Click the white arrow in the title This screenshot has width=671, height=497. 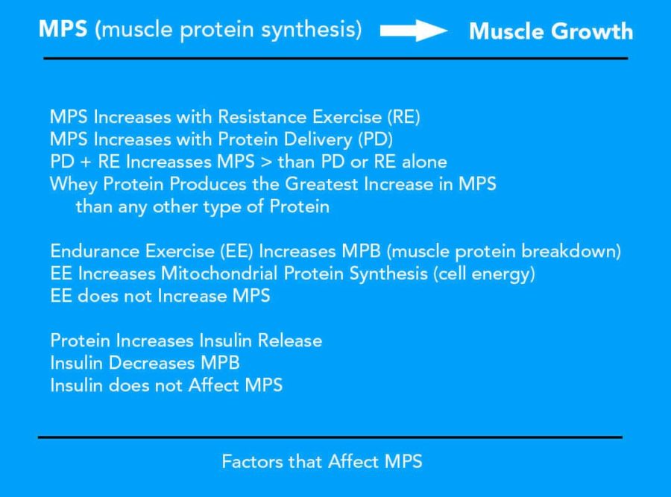pos(413,31)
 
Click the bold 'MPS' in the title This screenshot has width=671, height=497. pos(63,29)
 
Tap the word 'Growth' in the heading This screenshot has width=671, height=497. pos(592,31)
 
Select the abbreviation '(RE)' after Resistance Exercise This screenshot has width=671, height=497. pos(403,117)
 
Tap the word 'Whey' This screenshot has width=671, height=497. pos(74,185)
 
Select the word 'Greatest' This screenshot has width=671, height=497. pos(321,184)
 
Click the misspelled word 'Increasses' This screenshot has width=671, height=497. pos(168,162)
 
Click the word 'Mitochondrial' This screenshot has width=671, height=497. pos(219,273)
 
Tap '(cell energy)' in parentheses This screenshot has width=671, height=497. pos(484,273)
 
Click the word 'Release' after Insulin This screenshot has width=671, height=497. pos(290,341)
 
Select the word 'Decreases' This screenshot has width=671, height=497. pos(152,363)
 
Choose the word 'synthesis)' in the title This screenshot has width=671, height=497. pos(312,30)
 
